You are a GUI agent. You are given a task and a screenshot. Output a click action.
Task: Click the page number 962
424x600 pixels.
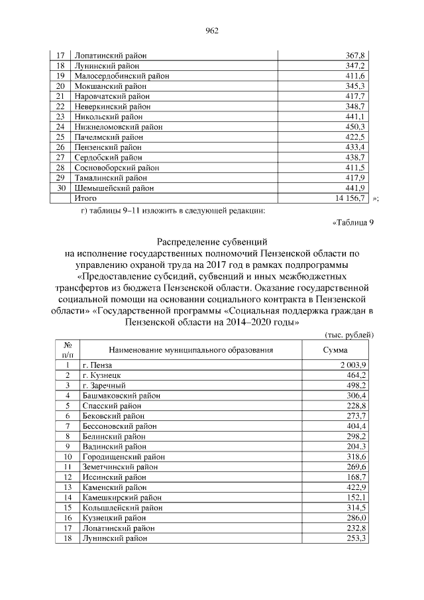point(212,30)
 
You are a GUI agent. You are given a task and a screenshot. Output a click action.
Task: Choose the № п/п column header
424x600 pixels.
point(67,350)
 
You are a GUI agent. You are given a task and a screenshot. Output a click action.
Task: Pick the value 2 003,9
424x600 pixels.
point(354,365)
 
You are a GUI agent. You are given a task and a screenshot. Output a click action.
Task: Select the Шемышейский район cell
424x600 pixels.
point(115,188)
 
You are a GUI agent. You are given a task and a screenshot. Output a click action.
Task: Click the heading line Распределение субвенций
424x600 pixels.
point(212,242)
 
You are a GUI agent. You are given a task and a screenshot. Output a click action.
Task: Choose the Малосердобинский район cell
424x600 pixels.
point(122,76)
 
